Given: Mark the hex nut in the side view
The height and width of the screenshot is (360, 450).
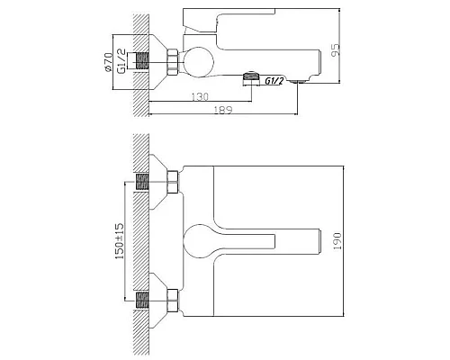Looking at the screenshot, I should [171, 62].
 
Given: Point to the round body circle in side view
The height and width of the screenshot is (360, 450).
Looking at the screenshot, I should [197, 62].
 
